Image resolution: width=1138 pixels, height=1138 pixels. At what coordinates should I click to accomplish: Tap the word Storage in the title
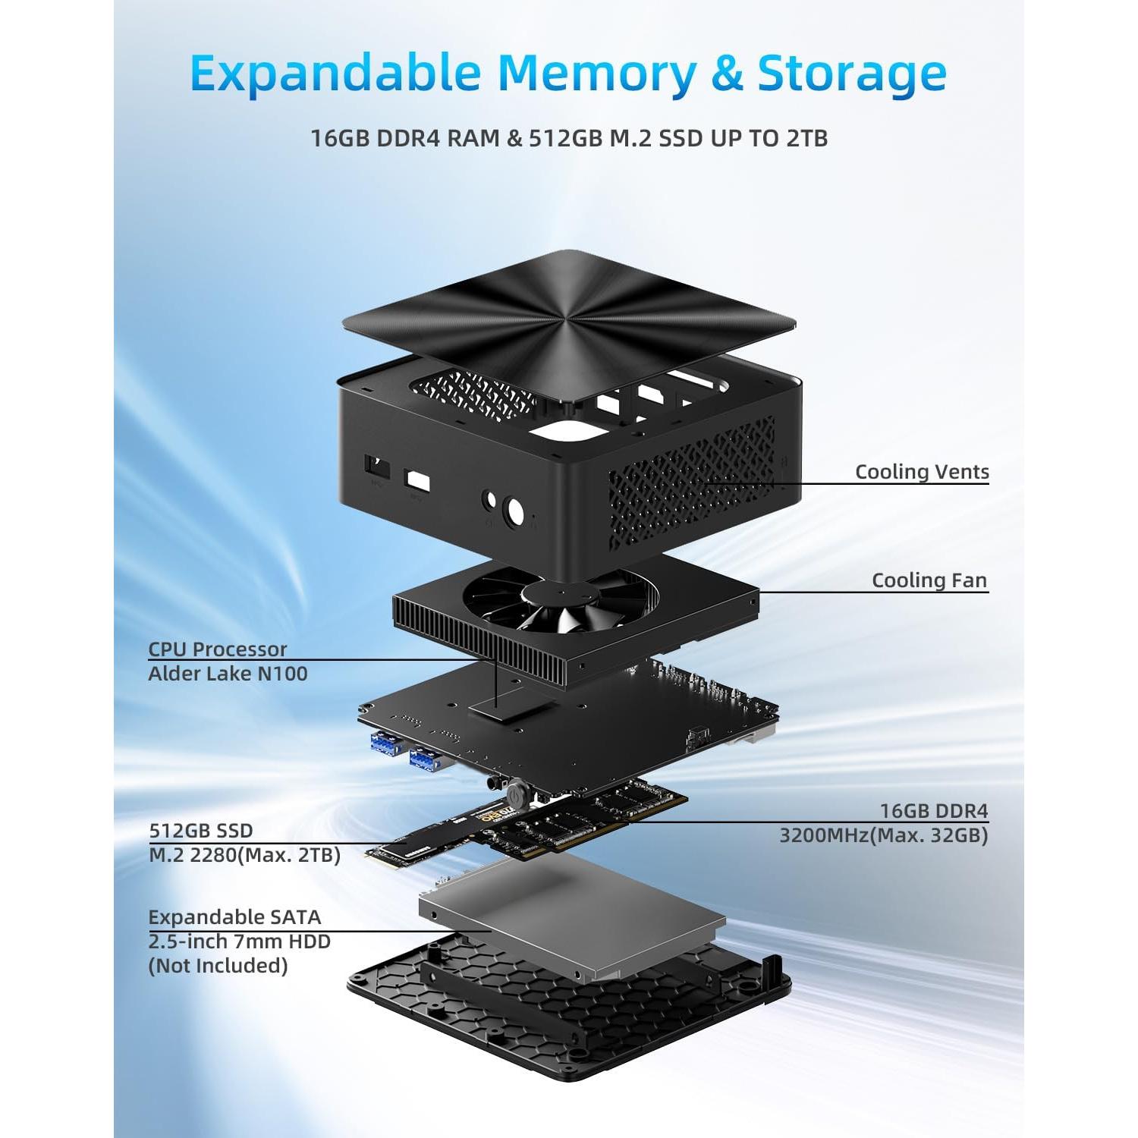pyautogui.click(x=851, y=74)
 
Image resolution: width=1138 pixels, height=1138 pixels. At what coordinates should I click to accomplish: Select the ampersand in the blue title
pyautogui.click(x=726, y=74)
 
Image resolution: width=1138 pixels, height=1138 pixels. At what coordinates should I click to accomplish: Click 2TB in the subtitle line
pyautogui.click(x=806, y=138)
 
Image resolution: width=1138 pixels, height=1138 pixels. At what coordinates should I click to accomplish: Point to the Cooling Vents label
pyautogui.click(x=922, y=471)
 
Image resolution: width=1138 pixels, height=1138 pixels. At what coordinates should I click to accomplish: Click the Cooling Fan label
pyautogui.click(x=929, y=580)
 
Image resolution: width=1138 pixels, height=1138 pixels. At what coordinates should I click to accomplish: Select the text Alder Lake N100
pyautogui.click(x=228, y=673)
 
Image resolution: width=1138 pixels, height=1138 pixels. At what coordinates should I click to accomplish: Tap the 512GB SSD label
pyautogui.click(x=201, y=831)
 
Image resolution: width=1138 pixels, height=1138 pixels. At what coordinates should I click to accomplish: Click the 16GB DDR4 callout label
pyautogui.click(x=934, y=811)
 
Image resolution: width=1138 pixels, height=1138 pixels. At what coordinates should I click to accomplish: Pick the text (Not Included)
pyautogui.click(x=218, y=966)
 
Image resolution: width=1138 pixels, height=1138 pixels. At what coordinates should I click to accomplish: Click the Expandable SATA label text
pyautogui.click(x=234, y=917)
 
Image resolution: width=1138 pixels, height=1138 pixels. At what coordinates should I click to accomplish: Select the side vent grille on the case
pyautogui.click(x=690, y=474)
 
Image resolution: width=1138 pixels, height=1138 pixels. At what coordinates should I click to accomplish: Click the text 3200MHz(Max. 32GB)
pyautogui.click(x=884, y=835)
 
